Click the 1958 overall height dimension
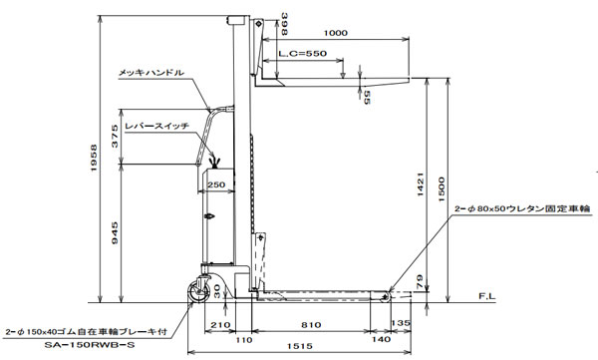(95, 158)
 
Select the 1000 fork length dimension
(336, 33)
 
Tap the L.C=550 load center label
(302, 54)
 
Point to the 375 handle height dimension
(115, 136)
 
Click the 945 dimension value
(115, 233)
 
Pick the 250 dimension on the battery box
(216, 184)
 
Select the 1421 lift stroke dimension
(421, 184)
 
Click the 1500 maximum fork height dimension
(442, 189)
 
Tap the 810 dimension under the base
(311, 325)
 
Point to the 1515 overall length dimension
(300, 346)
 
